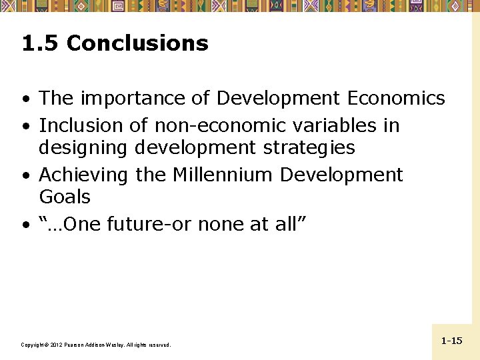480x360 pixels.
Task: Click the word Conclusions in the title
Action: [137, 44]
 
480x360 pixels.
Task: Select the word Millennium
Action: [223, 175]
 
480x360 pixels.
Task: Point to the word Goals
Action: [65, 197]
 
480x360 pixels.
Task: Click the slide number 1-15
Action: [451, 341]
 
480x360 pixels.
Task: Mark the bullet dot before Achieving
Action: [25, 176]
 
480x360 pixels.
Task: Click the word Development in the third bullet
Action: [341, 175]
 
